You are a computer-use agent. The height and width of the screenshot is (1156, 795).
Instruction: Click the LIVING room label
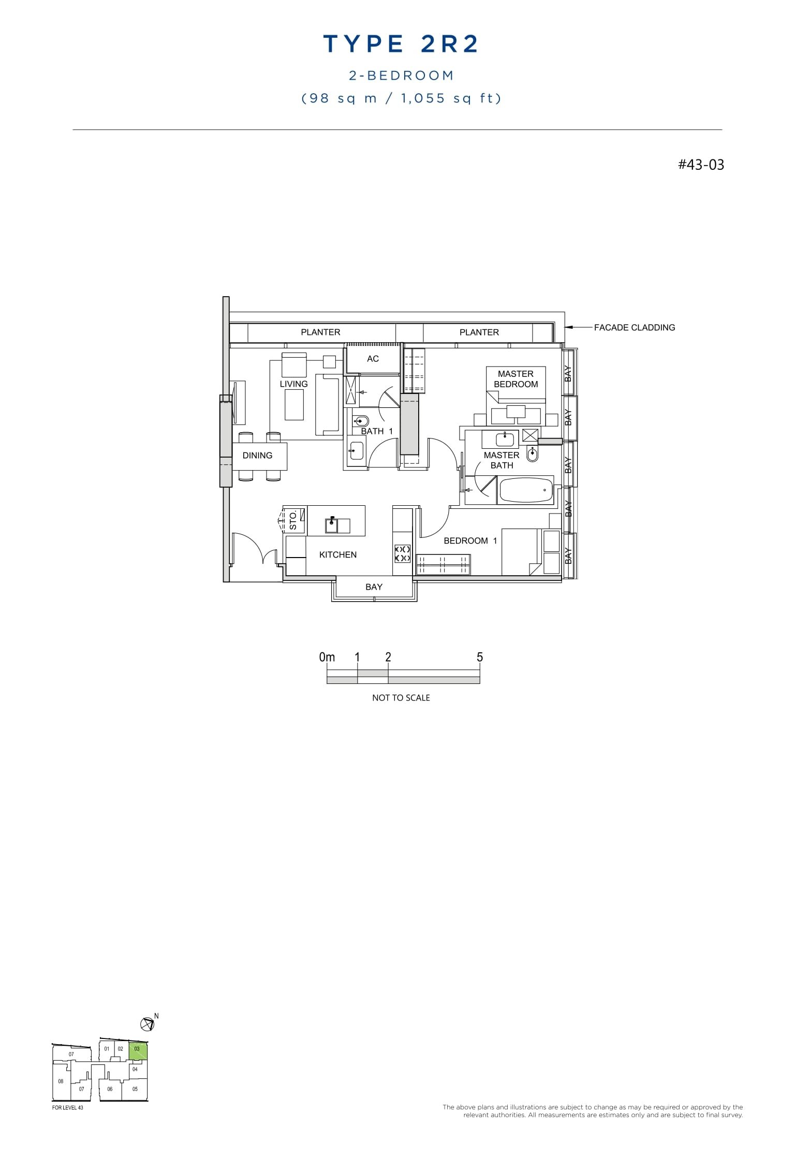[x=293, y=384]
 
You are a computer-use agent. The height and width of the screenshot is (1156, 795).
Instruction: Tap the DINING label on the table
[x=257, y=456]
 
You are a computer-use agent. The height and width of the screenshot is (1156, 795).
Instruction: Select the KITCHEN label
[x=338, y=555]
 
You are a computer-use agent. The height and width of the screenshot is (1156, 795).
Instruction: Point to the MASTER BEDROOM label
[x=516, y=379]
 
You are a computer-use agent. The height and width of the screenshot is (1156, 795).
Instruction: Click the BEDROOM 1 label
[x=470, y=541]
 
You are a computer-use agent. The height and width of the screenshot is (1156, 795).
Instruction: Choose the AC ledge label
[x=373, y=359]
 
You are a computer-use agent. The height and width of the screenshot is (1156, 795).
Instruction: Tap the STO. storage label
[x=293, y=520]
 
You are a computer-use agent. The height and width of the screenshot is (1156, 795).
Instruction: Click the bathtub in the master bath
[x=525, y=490]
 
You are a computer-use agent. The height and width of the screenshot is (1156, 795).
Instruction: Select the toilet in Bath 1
[x=360, y=421]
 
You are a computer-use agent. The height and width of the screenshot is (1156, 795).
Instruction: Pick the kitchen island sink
[x=331, y=525]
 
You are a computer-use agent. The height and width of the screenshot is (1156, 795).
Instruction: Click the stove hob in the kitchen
[x=403, y=553]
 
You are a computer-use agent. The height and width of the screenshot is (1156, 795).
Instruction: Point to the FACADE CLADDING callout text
[x=635, y=328]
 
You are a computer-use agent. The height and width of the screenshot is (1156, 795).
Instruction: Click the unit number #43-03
[x=701, y=165]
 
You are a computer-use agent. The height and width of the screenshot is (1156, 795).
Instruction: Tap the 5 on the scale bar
[x=480, y=657]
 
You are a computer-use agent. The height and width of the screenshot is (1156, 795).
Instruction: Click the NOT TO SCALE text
[x=401, y=698]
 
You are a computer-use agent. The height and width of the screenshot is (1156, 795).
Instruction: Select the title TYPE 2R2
[x=401, y=45]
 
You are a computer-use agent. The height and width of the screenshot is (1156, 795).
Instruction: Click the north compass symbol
[x=148, y=1023]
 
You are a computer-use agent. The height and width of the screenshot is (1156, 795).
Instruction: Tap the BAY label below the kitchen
[x=374, y=587]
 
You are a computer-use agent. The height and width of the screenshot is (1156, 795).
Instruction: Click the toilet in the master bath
[x=533, y=454]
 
